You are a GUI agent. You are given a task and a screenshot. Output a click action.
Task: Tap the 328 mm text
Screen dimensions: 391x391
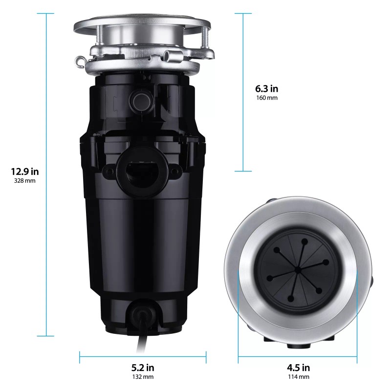pos(24,181)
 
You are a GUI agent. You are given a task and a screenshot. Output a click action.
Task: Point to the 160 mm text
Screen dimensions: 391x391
pos(266,98)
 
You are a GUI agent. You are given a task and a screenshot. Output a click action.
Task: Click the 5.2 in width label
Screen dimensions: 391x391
pos(143,368)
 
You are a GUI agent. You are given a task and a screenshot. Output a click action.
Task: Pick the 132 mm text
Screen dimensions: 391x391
pos(143,377)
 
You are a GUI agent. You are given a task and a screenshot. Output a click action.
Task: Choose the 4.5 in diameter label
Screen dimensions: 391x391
pos(298,368)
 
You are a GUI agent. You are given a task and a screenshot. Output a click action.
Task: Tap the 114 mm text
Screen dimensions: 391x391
pos(298,377)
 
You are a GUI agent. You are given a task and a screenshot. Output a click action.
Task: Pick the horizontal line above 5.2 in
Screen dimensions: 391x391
pos(143,356)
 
